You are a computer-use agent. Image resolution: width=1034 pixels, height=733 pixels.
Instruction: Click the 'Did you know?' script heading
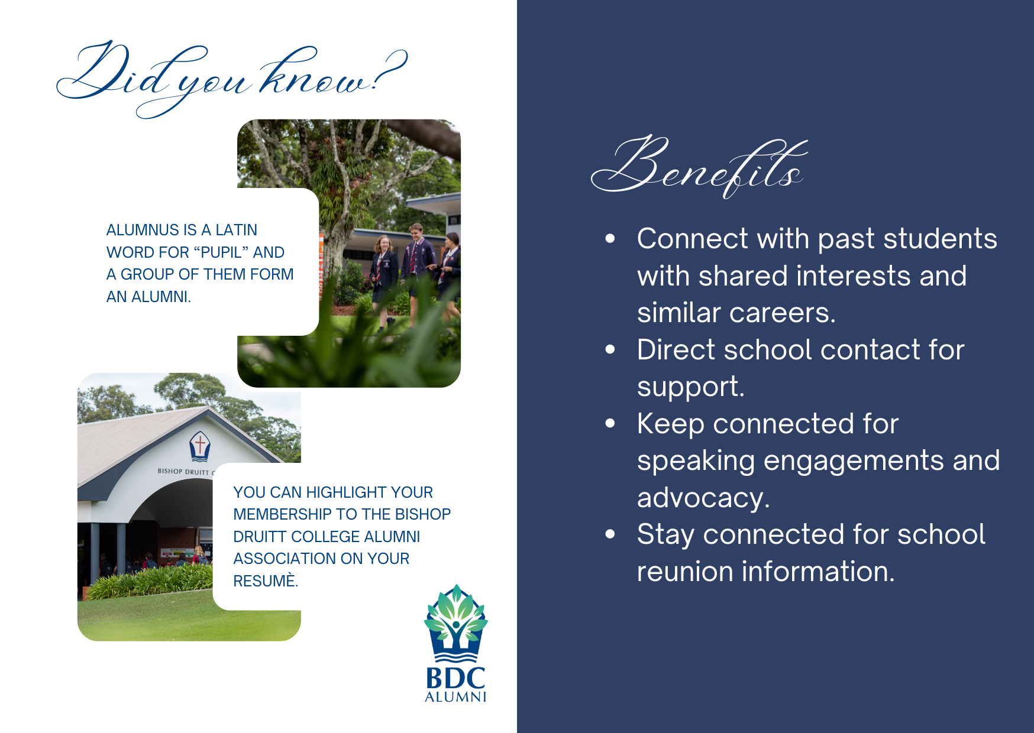point(232,78)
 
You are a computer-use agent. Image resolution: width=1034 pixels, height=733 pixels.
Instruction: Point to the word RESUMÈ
point(266,580)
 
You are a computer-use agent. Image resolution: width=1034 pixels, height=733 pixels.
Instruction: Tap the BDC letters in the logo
point(455,677)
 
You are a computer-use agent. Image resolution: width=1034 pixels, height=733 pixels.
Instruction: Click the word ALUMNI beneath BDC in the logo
point(455,697)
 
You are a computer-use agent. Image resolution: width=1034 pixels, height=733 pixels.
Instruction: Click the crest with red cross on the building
point(200,446)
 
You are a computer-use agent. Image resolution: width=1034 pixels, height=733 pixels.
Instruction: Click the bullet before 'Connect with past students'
point(610,239)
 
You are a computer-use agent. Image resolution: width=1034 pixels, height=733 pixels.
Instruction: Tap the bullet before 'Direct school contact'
point(610,349)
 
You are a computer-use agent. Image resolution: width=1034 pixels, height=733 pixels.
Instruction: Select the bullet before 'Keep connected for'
point(610,423)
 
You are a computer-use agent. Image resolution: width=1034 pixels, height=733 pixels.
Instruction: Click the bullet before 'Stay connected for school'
point(610,534)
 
